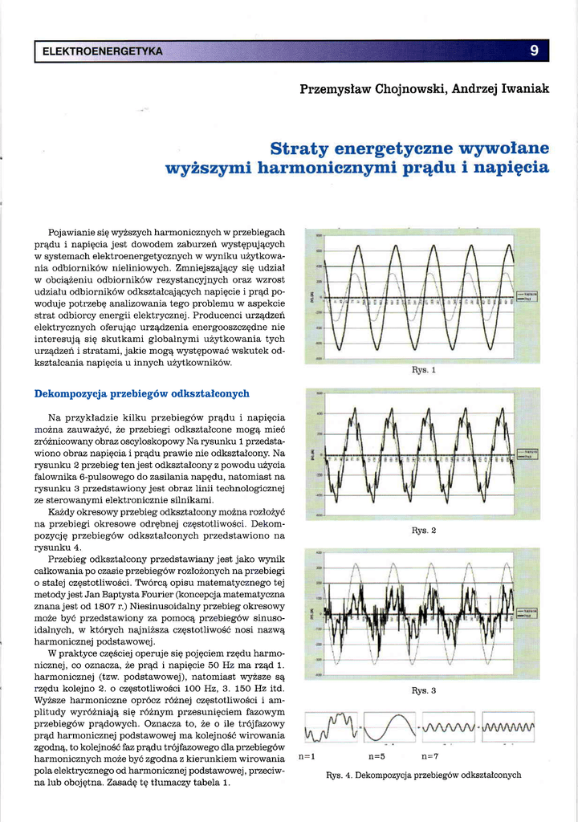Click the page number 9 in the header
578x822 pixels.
(534, 51)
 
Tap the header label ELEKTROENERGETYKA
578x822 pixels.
(102, 52)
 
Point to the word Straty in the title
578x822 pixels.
(298, 149)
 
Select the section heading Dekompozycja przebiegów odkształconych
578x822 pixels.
(142, 393)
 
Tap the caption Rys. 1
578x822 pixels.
(423, 371)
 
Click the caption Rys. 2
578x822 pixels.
(423, 531)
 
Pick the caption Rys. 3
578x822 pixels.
(423, 690)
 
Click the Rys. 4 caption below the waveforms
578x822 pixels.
(423, 775)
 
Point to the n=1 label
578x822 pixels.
(307, 756)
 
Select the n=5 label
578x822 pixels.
(377, 756)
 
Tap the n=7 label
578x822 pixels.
(429, 756)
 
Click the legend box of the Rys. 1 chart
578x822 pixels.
(527, 296)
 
